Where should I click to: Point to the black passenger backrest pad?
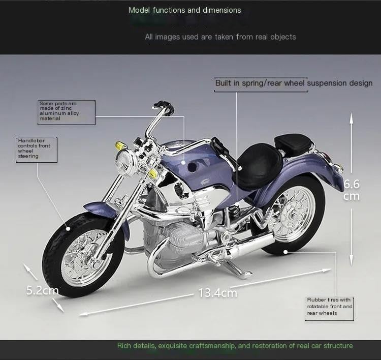point(293,144)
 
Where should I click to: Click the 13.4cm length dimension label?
point(217,292)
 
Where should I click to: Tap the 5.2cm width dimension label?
point(42,290)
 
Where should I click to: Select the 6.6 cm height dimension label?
point(352,190)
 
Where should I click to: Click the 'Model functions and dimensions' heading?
point(185,10)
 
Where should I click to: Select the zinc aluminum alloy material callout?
point(66,111)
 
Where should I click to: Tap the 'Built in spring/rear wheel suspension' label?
point(293,83)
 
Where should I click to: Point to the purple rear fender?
point(315,168)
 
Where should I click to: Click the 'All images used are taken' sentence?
point(220,37)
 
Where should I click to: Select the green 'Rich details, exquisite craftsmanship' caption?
point(235,346)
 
